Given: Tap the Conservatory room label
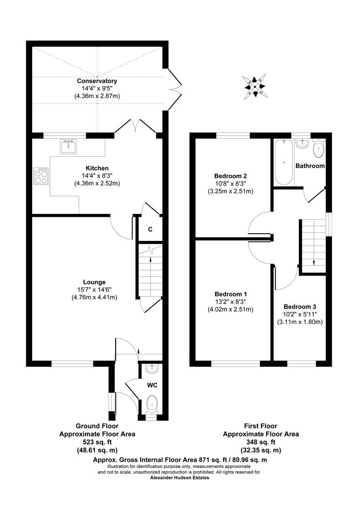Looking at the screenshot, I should (x=97, y=81).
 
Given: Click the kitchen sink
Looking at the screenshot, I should (x=68, y=147).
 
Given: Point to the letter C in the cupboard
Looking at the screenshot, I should (x=150, y=229).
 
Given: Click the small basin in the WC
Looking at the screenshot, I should (x=151, y=368).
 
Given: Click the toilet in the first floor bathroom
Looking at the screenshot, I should (x=319, y=149).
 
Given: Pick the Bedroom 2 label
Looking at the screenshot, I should (x=231, y=176).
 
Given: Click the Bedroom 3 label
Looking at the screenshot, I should (x=300, y=306).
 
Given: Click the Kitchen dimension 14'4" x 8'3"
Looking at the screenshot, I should (x=97, y=176).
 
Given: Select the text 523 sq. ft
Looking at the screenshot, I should (x=97, y=442).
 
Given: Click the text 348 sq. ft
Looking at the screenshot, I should (x=260, y=442).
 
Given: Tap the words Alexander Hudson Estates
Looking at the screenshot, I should (x=179, y=478).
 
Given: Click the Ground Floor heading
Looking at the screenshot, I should (x=97, y=426).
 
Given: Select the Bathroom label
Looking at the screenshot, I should (x=310, y=166).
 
